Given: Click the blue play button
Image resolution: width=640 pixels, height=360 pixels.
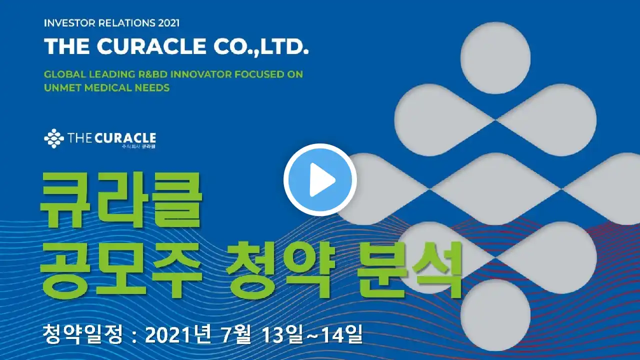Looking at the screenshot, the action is click(320, 179).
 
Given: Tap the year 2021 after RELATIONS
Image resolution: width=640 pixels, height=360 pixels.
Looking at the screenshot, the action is click(168, 23).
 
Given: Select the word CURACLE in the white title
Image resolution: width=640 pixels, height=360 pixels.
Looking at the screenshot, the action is click(151, 46).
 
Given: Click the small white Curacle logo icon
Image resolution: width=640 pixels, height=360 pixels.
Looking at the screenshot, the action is click(53, 138).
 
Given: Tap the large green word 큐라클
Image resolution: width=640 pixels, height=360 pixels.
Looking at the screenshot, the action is click(121, 200).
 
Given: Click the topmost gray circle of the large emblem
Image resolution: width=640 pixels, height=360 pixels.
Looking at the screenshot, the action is click(495, 58).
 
